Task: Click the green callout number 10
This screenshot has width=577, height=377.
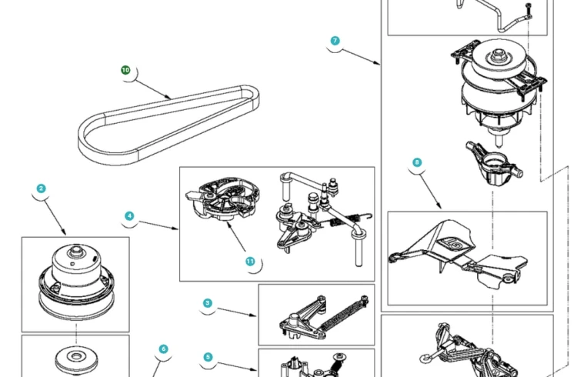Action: (125, 70)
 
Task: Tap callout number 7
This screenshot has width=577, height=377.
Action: (335, 41)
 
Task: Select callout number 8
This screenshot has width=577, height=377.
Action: (417, 162)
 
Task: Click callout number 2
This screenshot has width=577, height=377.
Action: (42, 188)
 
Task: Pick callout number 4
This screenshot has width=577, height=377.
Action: (129, 215)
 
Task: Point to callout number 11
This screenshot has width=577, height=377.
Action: (250, 262)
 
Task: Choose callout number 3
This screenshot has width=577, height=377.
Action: (208, 303)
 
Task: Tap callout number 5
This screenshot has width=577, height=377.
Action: (208, 357)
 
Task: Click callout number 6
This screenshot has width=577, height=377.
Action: (164, 349)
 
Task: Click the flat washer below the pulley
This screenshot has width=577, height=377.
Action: (76, 360)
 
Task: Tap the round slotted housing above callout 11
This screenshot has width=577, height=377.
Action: (223, 199)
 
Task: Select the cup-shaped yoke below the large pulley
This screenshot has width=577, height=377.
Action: (493, 163)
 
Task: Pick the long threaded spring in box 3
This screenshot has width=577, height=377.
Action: (344, 314)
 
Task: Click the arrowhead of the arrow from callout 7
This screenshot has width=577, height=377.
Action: (379, 64)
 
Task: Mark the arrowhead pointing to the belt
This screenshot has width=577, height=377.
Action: (169, 98)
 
